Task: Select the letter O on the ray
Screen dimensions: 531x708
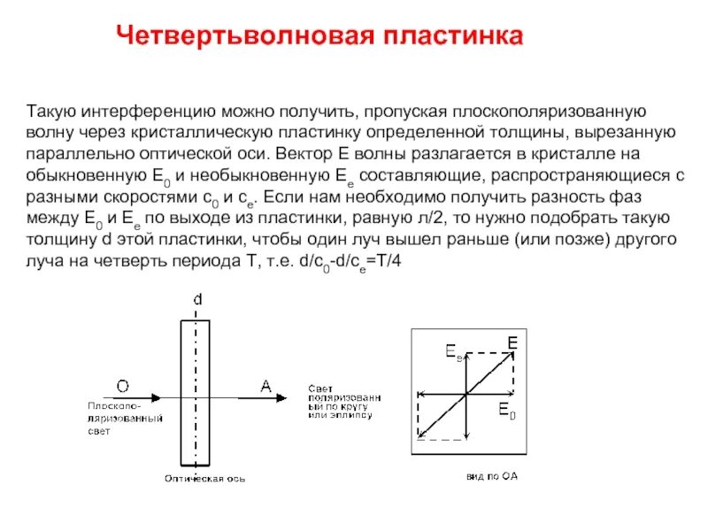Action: (x=122, y=385)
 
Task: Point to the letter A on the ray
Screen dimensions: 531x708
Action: (x=265, y=385)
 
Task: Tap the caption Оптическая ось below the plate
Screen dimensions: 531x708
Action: (x=204, y=479)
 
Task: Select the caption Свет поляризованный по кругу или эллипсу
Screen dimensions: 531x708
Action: (x=345, y=404)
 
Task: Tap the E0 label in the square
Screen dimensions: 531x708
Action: (x=504, y=410)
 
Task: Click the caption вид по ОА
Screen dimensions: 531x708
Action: (x=492, y=476)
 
